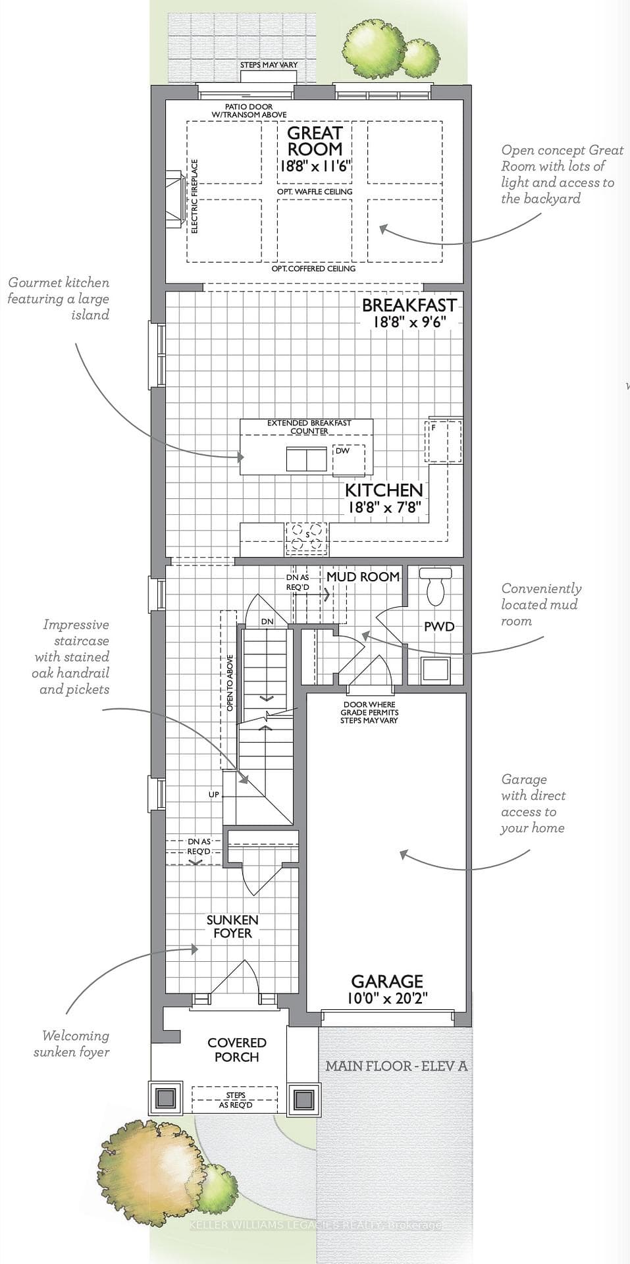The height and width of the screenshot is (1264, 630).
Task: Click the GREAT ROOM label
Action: click(x=315, y=141)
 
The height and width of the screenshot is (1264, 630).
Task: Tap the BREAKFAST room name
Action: click(x=409, y=305)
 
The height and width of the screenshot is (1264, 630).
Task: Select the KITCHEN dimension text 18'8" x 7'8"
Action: click(x=384, y=508)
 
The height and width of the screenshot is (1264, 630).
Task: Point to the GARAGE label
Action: click(x=387, y=982)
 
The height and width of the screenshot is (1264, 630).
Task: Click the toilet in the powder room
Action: click(x=436, y=586)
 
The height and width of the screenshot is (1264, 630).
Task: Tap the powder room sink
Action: click(x=434, y=670)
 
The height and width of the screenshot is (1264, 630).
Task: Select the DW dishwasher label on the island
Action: click(x=342, y=451)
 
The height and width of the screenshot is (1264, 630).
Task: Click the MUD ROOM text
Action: click(x=363, y=577)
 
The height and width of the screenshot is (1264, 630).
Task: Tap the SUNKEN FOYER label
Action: click(x=232, y=926)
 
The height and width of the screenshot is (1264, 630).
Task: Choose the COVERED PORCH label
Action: click(x=237, y=1049)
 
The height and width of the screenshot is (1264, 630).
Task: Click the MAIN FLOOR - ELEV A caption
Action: click(x=396, y=1066)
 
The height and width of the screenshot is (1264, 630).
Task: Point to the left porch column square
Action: click(x=165, y=1097)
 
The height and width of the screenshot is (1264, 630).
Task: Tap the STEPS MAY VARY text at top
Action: click(x=269, y=65)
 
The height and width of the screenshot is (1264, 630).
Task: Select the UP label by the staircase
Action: click(x=214, y=795)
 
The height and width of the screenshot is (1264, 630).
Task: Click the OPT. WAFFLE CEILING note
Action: click(x=315, y=192)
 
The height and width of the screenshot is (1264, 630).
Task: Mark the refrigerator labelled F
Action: click(x=444, y=440)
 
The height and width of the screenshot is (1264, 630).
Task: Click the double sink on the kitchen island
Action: click(x=307, y=459)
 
